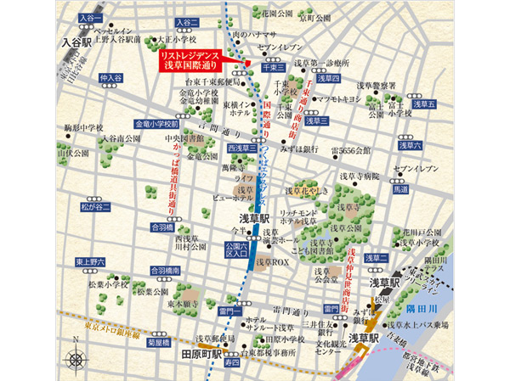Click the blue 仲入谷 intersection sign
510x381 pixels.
pyautogui.click(x=110, y=78)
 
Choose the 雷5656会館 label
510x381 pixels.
pyautogui.click(x=350, y=150)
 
